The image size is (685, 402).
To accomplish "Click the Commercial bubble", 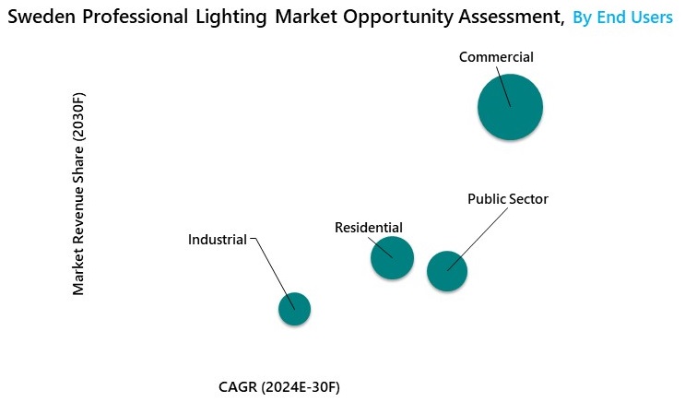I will pyautogui.click(x=510, y=107).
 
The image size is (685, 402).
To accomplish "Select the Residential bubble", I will pyautogui.click(x=392, y=257).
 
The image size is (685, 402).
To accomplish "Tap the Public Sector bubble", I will pyautogui.click(x=447, y=271).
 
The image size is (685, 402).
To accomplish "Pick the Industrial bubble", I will pyautogui.click(x=294, y=309).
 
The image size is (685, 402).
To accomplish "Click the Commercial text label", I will pyautogui.click(x=496, y=57).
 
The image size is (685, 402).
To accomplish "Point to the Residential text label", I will pyautogui.click(x=369, y=227).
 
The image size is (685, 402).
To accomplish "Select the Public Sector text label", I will pyautogui.click(x=508, y=198).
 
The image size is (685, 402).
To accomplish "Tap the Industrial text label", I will pyautogui.click(x=218, y=240).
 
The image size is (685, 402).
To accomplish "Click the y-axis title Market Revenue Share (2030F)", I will pyautogui.click(x=79, y=194).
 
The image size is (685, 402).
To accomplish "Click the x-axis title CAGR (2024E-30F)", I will pyautogui.click(x=279, y=386).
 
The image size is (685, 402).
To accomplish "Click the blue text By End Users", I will pyautogui.click(x=622, y=18).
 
